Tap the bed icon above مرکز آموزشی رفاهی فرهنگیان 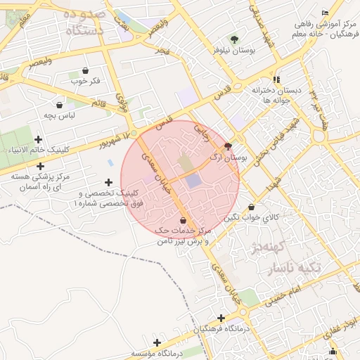[x=324, y=13]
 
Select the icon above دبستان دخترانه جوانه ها [x=277, y=79]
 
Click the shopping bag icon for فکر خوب [x=86, y=70]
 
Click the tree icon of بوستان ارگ [x=227, y=146]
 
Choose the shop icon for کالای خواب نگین [x=252, y=207]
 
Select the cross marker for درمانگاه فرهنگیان [x=222, y=318]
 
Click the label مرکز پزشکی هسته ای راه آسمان [x=45, y=181]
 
